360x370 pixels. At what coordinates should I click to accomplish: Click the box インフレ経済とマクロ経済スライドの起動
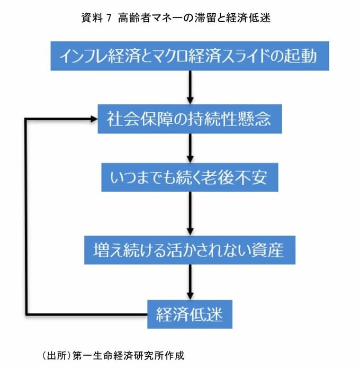(x=189, y=56)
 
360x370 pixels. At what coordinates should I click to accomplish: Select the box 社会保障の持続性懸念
(x=190, y=119)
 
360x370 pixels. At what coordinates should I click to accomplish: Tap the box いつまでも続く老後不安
(x=190, y=178)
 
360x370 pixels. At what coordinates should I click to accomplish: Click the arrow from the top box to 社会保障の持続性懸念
(x=190, y=87)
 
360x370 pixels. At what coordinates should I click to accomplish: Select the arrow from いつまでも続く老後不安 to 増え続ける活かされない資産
(x=190, y=213)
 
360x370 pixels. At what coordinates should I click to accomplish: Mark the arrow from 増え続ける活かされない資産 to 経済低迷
(x=190, y=282)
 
